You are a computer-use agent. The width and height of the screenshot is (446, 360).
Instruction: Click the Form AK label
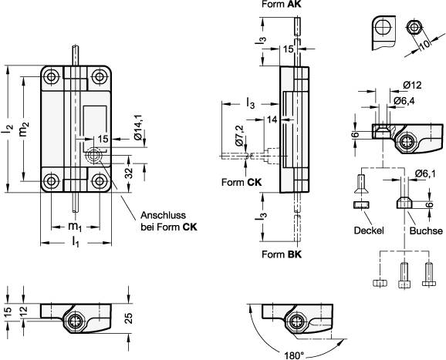point(281,5)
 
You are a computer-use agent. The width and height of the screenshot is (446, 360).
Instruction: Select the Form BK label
point(282,254)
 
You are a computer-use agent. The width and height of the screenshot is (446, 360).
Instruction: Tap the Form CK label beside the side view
point(242,182)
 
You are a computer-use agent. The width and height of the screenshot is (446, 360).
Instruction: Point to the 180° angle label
point(294,355)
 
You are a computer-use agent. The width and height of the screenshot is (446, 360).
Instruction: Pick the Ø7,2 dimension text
point(240,136)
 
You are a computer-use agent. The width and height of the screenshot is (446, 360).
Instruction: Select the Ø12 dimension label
point(412,85)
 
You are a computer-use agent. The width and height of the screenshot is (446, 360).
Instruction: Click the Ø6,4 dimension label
point(404,100)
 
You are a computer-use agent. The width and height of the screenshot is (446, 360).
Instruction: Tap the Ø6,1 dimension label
point(425,173)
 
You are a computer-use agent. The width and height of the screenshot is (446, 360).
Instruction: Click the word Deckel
point(369,230)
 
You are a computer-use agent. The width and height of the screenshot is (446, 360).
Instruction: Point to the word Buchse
point(426,230)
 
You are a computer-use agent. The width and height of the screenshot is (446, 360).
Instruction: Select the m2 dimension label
point(24,129)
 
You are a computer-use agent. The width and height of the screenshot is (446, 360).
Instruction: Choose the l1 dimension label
point(76,242)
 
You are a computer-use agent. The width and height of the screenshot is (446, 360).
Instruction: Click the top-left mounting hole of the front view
point(52,77)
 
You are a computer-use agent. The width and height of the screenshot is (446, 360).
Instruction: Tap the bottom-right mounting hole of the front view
point(100,180)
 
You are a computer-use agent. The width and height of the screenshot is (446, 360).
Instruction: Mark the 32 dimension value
point(129,173)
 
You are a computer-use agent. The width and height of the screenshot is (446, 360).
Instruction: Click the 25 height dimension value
point(129,318)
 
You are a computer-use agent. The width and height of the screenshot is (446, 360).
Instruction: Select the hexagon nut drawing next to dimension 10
point(414,28)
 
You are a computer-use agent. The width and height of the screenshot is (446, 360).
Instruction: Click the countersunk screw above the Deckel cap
point(361,184)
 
